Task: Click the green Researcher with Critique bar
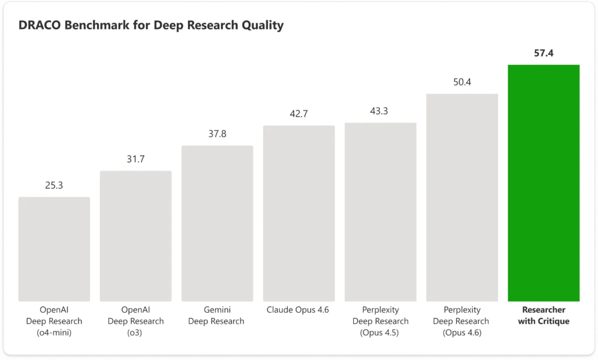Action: (544, 183)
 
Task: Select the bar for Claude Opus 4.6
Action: (298, 213)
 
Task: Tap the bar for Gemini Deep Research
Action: (217, 223)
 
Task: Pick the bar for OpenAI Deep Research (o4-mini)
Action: (54, 249)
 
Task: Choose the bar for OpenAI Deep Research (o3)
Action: (135, 236)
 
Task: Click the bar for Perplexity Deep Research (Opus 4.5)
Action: (380, 212)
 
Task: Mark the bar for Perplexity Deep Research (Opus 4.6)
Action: (462, 198)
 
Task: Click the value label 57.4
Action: (544, 53)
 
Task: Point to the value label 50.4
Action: (462, 82)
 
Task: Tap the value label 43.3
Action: (380, 111)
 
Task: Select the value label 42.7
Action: (298, 114)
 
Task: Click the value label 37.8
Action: (217, 134)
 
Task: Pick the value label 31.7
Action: (135, 160)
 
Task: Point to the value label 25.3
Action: (54, 186)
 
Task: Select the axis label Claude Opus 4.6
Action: (298, 310)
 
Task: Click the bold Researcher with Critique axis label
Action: (544, 316)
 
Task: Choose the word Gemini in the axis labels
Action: (217, 310)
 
